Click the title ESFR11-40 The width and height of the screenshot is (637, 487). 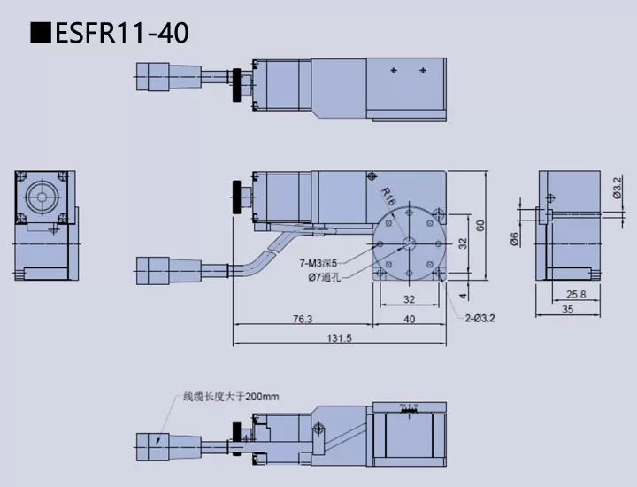pos(111,33)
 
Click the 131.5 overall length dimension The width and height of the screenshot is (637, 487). pos(339,337)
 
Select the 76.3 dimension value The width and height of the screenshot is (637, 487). pos(301,320)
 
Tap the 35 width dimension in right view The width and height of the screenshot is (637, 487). pos(567,309)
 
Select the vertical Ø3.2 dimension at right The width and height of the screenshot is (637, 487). pos(617,189)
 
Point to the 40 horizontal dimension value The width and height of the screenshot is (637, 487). pos(409,320)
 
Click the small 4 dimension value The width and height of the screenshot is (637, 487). pos(462,296)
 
